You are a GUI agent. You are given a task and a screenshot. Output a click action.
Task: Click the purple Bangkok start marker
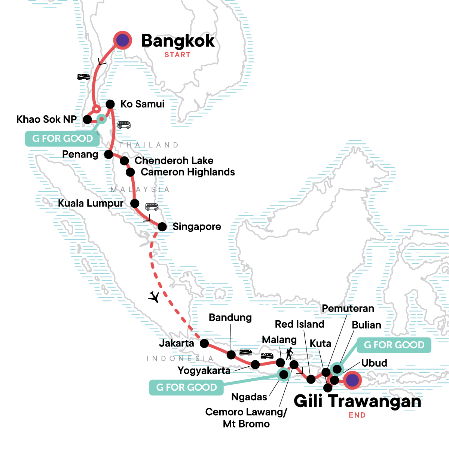[x=122, y=40]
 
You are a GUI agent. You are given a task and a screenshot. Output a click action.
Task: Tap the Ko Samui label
[x=142, y=104]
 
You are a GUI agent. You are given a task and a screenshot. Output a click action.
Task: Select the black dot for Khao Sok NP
[x=87, y=119]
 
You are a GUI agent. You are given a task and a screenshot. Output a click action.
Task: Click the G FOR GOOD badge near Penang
[x=62, y=138]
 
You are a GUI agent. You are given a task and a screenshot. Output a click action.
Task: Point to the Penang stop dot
[x=109, y=154]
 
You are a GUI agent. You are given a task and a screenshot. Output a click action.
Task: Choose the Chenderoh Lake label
[x=174, y=161]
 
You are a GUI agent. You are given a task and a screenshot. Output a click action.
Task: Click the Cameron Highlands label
[x=188, y=172]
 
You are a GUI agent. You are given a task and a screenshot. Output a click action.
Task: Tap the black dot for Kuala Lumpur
[x=135, y=204]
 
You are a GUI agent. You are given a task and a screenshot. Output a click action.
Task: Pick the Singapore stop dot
[x=162, y=227]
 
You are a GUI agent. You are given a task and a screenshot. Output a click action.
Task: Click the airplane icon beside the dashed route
[x=154, y=297]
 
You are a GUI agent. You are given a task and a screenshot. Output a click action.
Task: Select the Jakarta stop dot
[x=204, y=343]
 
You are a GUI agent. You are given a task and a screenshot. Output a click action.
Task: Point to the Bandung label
[x=230, y=318]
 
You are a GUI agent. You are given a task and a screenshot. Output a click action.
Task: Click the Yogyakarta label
[x=204, y=370]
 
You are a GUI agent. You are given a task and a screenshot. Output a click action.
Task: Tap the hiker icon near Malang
[x=289, y=354]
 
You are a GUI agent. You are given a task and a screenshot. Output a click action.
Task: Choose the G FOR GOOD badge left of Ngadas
[x=186, y=387]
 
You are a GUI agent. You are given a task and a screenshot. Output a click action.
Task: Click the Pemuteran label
[x=348, y=308]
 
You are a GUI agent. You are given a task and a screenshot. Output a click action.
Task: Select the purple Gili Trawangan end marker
[x=352, y=381]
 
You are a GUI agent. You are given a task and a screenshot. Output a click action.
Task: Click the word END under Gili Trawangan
[x=357, y=415]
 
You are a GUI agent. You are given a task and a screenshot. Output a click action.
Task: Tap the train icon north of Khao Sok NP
[x=83, y=77]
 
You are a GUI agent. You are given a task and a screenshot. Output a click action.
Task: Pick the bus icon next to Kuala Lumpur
[x=152, y=207]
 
